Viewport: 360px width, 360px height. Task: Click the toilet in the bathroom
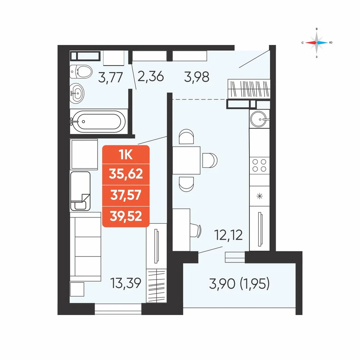click(x=81, y=71)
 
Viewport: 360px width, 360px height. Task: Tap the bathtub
click(x=99, y=121)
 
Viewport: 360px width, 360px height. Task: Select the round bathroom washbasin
click(x=77, y=93)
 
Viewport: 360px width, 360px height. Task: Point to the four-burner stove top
click(x=260, y=165)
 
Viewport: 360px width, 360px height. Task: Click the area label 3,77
click(x=111, y=77)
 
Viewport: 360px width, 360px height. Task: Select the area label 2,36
click(x=150, y=76)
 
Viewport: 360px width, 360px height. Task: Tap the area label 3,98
click(x=197, y=77)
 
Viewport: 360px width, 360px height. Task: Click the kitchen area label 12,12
click(x=229, y=235)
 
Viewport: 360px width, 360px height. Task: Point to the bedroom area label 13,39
click(x=126, y=283)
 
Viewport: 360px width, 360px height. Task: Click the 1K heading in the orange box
click(x=126, y=155)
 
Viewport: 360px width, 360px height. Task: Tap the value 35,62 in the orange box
click(x=126, y=174)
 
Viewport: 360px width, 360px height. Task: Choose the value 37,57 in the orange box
click(x=126, y=195)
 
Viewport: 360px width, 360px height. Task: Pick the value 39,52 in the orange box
click(x=126, y=216)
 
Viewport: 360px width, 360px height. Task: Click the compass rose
click(x=316, y=43)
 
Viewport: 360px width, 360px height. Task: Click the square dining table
click(x=186, y=160)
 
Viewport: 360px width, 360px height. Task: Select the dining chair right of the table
click(x=210, y=160)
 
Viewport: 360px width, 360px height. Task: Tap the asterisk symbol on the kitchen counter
click(x=260, y=196)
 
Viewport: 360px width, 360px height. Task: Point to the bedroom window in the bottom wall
click(x=118, y=309)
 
